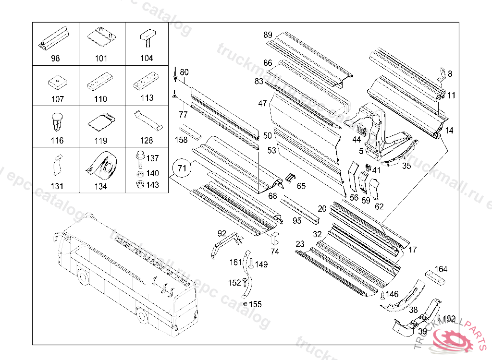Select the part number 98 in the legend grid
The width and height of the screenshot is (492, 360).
click(55, 59)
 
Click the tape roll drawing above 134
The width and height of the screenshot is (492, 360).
click(101, 163)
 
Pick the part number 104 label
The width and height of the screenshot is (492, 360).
click(147, 59)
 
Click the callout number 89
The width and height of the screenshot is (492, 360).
click(268, 35)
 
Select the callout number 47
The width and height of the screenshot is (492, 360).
click(262, 104)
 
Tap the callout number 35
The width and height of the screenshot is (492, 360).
click(406, 166)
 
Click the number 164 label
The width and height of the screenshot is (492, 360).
click(441, 269)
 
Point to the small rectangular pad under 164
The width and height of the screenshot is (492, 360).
click(437, 278)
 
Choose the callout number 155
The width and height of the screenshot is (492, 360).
click(255, 304)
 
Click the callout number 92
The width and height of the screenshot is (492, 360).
click(221, 233)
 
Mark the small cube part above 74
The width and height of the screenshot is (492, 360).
click(274, 236)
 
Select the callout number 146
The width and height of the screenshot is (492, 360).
click(392, 294)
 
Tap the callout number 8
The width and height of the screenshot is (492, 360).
click(450, 74)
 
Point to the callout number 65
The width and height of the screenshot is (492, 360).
click(301, 185)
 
